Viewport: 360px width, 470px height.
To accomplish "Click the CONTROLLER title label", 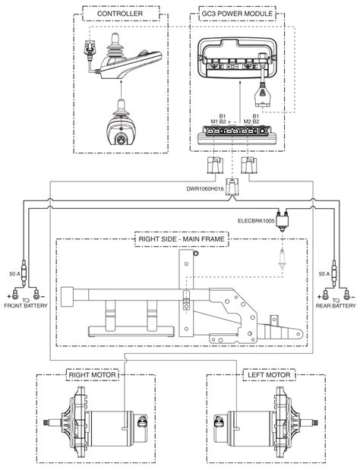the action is pos(120,14).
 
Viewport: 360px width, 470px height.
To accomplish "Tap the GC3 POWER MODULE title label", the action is pos(237,14).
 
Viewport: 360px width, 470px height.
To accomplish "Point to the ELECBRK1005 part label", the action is pos(256,221).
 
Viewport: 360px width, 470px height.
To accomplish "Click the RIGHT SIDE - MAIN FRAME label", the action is pos(182,239).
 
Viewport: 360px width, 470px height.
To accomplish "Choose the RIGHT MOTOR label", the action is pos(92,374).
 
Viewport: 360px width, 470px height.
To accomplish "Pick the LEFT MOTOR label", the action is pos(269,374).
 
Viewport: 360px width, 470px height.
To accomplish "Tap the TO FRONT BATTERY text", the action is pos(26,303).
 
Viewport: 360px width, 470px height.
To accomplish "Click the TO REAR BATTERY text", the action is pos(336,303).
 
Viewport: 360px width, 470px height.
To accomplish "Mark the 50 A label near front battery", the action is pos(14,274).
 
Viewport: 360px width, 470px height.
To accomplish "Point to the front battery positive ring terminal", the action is pos(14,294).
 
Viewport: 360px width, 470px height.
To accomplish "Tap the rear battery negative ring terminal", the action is pos(346,294).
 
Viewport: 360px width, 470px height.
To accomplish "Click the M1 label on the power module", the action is pos(214,121).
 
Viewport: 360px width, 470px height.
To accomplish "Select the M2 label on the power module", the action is pos(248,121).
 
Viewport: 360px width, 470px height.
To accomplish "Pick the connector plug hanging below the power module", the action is pos(262,96).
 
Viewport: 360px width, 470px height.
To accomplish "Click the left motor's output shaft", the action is pos(309,423).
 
